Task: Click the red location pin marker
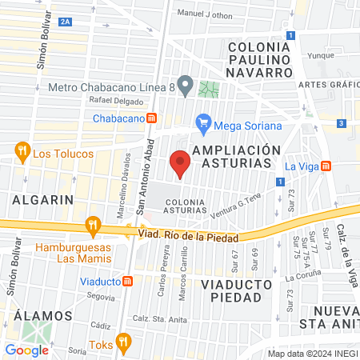(x=181, y=162)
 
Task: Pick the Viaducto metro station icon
(x=128, y=281)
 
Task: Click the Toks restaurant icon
(x=123, y=342)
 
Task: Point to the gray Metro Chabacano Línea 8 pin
(x=186, y=84)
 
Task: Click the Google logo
(x=26, y=350)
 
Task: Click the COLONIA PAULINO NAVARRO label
(x=261, y=59)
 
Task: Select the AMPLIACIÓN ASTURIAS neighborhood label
(x=238, y=156)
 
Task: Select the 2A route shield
(x=65, y=22)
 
